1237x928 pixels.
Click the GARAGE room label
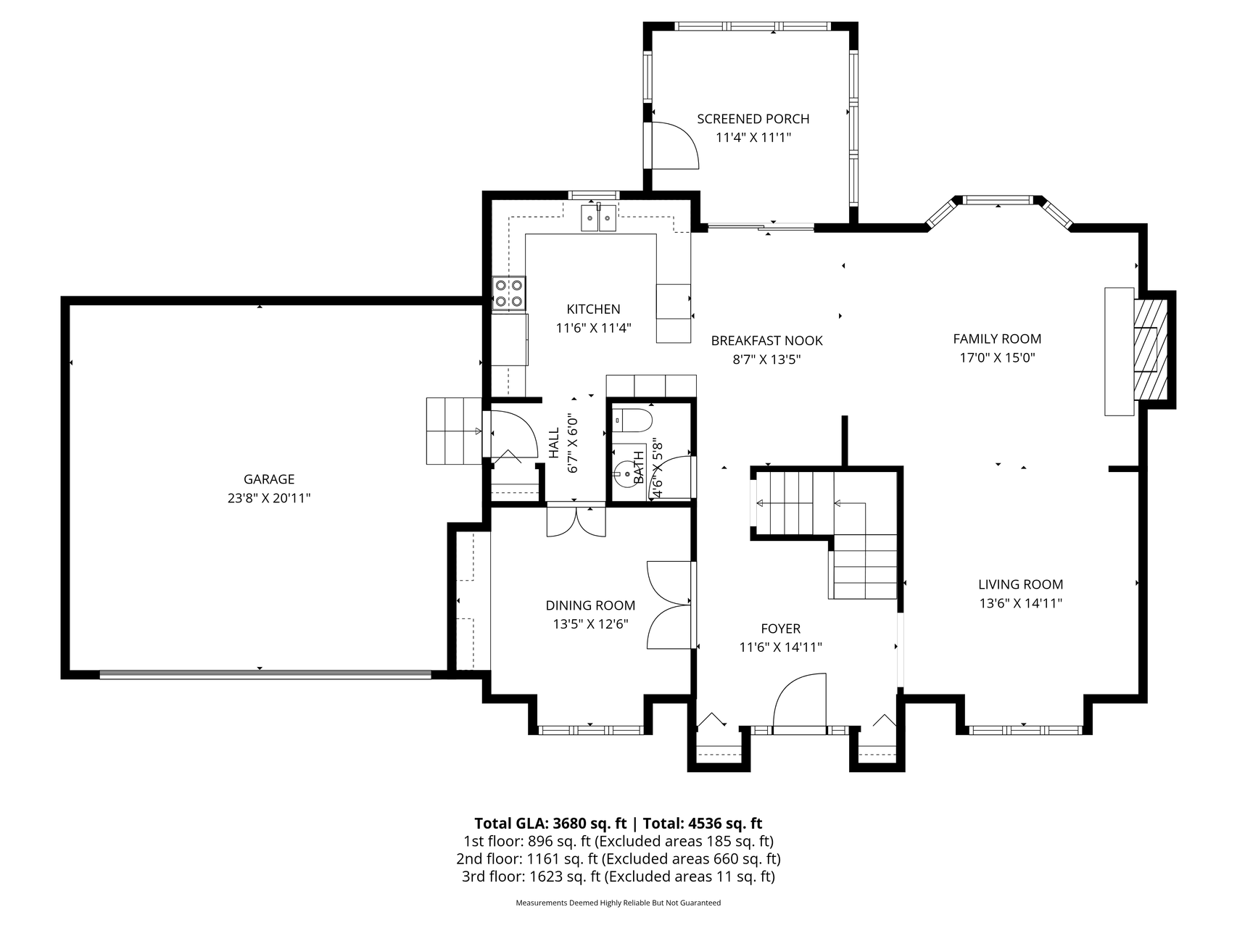click(269, 479)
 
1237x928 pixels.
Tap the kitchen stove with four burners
click(509, 294)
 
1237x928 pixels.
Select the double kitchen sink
click(598, 217)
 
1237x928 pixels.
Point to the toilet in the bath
click(633, 419)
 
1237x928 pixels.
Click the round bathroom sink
click(624, 475)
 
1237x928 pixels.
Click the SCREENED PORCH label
click(753, 119)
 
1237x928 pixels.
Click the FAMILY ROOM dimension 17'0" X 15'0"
click(997, 357)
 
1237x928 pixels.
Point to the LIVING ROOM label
click(1020, 584)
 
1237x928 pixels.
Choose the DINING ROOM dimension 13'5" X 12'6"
click(590, 623)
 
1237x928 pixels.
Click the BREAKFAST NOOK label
click(766, 341)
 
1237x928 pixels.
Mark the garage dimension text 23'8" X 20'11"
click(269, 498)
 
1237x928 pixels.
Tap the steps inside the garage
click(454, 431)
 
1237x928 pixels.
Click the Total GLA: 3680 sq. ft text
click(550, 824)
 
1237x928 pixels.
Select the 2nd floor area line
click(618, 859)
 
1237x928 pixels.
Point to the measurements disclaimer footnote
click(618, 903)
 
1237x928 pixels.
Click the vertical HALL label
click(555, 443)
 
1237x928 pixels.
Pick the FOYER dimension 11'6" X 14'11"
click(780, 647)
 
